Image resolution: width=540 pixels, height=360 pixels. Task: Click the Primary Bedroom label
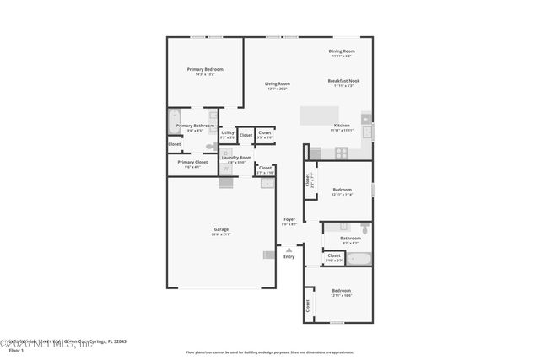click(x=201, y=69)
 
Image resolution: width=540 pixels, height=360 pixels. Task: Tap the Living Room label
click(x=278, y=83)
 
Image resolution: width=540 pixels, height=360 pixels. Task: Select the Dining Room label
click(x=342, y=51)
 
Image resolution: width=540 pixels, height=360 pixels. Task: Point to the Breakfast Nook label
click(x=342, y=81)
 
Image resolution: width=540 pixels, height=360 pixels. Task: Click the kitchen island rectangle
click(x=321, y=116)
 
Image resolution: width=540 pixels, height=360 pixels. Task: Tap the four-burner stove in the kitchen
click(x=342, y=153)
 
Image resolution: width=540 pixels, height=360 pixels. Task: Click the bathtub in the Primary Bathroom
click(x=175, y=122)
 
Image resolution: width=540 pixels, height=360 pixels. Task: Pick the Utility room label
click(x=228, y=132)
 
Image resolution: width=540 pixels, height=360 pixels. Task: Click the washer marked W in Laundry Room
click(x=226, y=168)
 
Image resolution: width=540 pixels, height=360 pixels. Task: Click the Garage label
click(x=221, y=229)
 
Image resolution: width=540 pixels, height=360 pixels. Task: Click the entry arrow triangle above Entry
click(x=289, y=249)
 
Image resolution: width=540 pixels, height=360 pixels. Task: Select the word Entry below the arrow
click(x=289, y=256)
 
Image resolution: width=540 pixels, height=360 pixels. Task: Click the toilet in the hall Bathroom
click(x=364, y=228)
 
